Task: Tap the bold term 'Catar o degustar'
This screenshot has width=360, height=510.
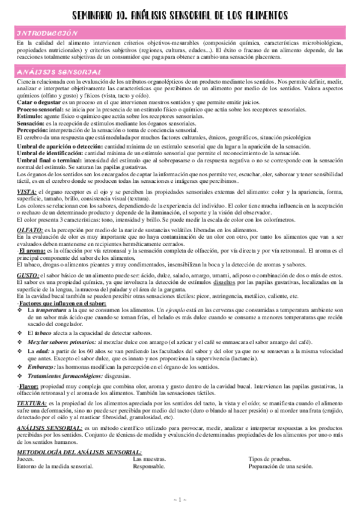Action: [x=37, y=103]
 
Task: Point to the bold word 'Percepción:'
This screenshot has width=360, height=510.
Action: [x=34, y=129]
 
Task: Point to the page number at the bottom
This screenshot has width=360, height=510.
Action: [x=180, y=500]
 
